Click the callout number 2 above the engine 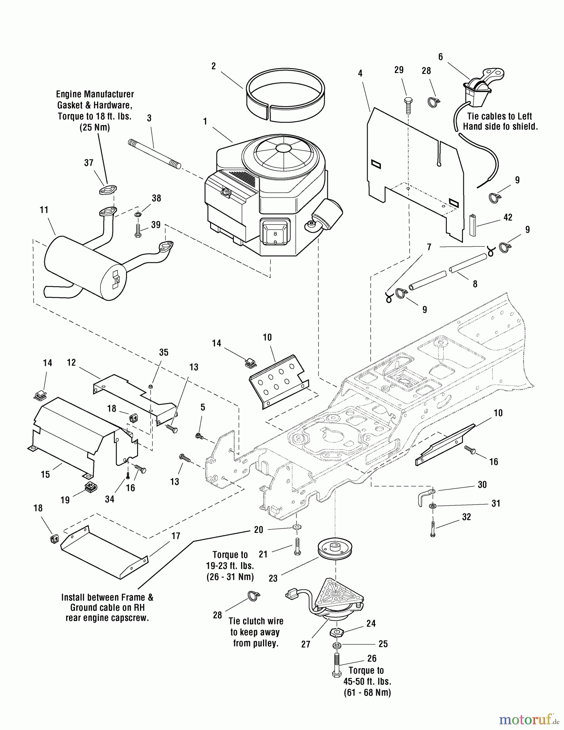point(214,66)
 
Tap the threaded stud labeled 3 point(155,154)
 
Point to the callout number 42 point(508,217)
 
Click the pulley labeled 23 point(336,550)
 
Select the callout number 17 point(176,536)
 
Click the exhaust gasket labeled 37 point(108,189)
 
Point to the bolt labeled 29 point(408,104)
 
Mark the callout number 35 point(164,352)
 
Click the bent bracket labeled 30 point(425,497)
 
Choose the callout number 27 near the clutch point(306,644)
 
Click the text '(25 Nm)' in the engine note point(95,127)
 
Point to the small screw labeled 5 point(199,436)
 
